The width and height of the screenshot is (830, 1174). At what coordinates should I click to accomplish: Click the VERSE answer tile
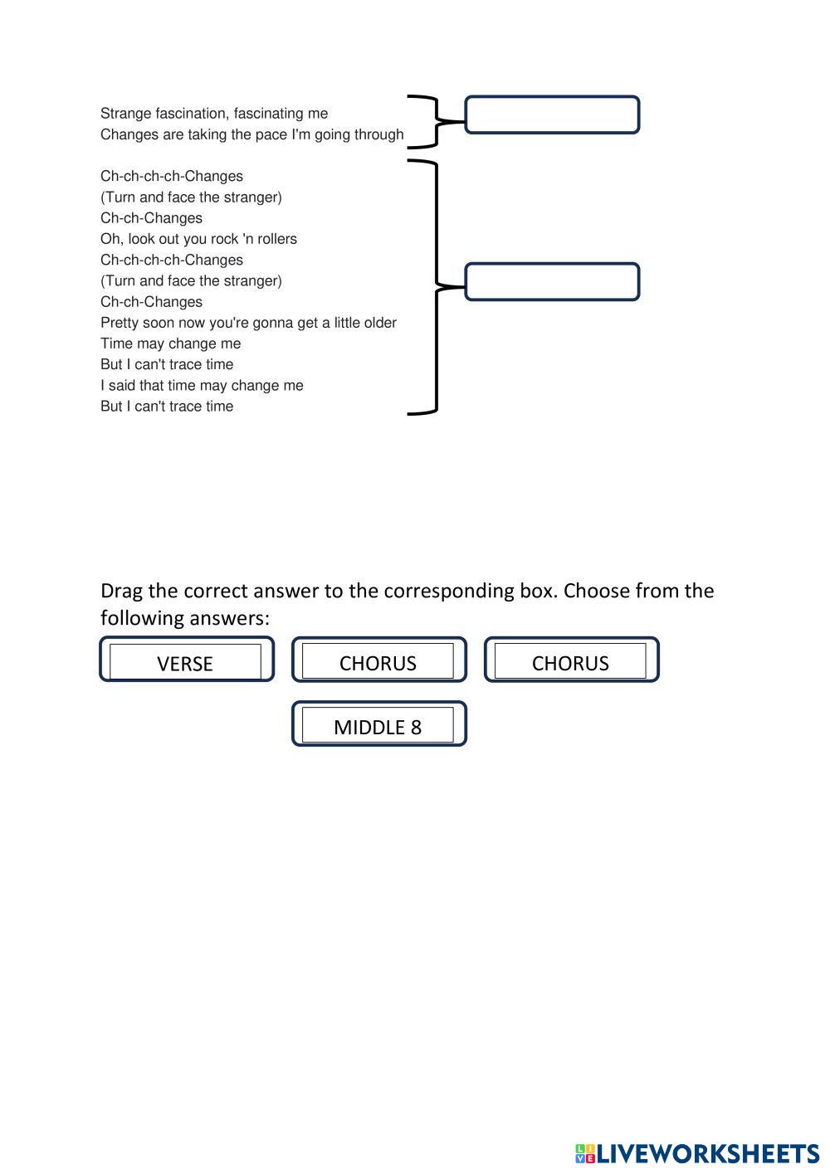coord(186,661)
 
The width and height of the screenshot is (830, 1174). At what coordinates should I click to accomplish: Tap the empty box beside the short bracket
coord(552,114)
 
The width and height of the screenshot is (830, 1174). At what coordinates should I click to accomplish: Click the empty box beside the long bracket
coord(552,282)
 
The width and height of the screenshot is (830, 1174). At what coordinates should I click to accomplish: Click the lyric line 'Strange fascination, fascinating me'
coord(214,114)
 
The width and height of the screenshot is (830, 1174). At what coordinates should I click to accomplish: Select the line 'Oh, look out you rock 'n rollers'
coord(198,239)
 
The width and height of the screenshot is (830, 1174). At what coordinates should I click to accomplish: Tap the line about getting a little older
coord(248,323)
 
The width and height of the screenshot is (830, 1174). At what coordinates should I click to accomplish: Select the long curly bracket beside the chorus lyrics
coord(431,286)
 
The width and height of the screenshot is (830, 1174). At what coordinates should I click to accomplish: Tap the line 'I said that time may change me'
coord(202,385)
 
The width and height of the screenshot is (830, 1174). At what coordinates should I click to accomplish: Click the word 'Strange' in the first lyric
coord(125,114)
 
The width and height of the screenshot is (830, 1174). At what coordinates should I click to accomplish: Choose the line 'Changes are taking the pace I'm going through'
coord(251,134)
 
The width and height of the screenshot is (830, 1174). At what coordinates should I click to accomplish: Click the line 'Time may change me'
coord(170,343)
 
